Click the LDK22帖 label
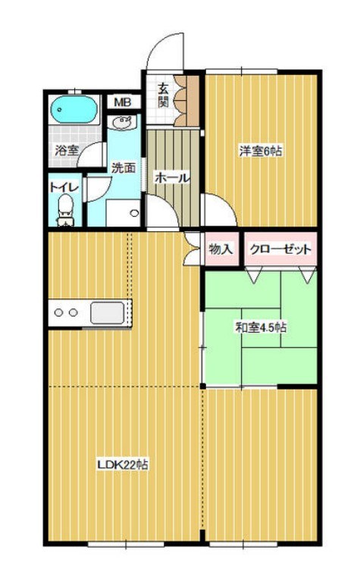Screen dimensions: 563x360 pos(121,464)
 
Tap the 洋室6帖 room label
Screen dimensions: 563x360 pos(261,152)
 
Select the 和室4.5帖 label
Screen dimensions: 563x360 pos(260,328)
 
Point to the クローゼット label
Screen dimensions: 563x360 pos(279,248)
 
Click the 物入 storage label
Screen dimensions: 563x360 pos(221,248)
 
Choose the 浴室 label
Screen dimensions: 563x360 pos(67,150)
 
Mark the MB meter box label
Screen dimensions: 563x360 pos(122,102)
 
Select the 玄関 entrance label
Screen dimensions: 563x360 pos(164,95)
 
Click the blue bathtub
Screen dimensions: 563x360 pos(74,111)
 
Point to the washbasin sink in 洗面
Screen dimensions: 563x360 pos(122,122)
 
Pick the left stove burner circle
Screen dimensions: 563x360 pos(58,312)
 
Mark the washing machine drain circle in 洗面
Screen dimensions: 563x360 pos(133,213)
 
